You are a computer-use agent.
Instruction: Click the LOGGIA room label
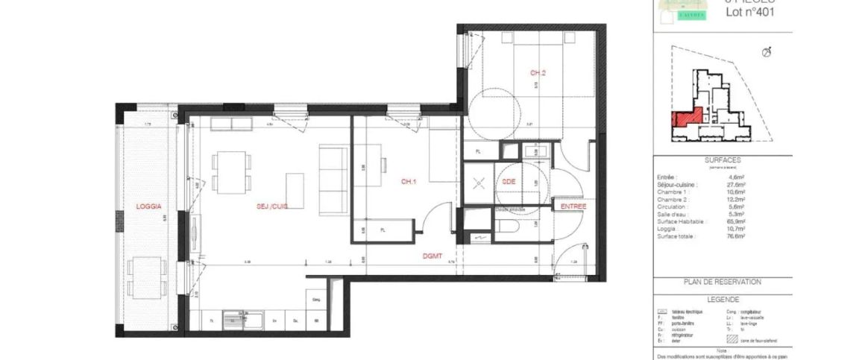(148, 206)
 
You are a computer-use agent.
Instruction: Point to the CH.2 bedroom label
(538, 73)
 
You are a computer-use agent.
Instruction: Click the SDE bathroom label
(509, 181)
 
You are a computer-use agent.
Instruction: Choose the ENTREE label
(573, 206)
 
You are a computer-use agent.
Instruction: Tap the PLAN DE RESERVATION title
(722, 282)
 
